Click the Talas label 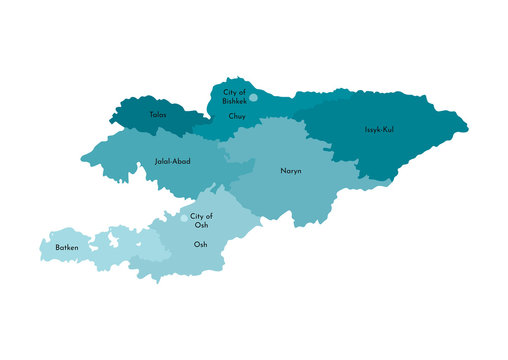(158, 115)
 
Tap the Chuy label (237, 116)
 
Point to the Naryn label (289, 171)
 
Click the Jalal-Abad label (173, 161)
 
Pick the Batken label (67, 246)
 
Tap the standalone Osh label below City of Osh (201, 244)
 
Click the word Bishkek (234, 101)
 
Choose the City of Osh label (202, 220)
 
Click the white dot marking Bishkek (254, 97)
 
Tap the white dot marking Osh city (184, 217)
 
